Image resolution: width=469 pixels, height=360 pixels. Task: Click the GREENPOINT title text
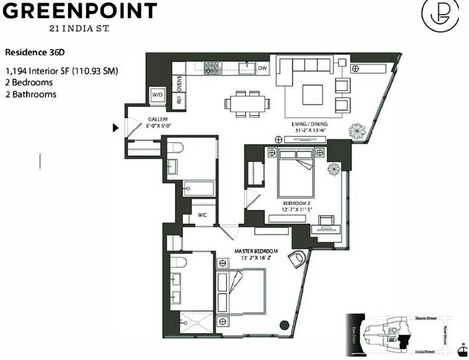click(x=80, y=11)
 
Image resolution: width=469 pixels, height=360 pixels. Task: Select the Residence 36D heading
click(x=35, y=52)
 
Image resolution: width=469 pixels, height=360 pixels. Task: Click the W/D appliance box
click(x=157, y=95)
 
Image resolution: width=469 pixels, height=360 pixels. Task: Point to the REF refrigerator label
click(x=179, y=100)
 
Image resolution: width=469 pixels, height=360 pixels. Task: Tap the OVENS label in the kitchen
click(x=179, y=84)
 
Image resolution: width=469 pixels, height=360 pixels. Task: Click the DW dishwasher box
click(x=262, y=68)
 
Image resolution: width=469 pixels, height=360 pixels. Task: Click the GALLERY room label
click(x=158, y=119)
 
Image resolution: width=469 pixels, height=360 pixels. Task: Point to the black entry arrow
click(x=116, y=128)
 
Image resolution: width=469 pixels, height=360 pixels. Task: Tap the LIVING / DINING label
click(x=309, y=124)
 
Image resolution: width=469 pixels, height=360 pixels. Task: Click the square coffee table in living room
click(x=313, y=95)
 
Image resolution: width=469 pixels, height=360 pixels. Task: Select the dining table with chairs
click(x=248, y=104)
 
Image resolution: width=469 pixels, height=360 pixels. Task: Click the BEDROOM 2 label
click(x=296, y=203)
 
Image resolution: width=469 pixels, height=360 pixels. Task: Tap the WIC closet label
click(x=202, y=215)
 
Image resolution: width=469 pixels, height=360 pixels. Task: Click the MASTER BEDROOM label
click(x=256, y=251)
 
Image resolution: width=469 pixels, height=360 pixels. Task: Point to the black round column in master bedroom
click(x=284, y=325)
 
